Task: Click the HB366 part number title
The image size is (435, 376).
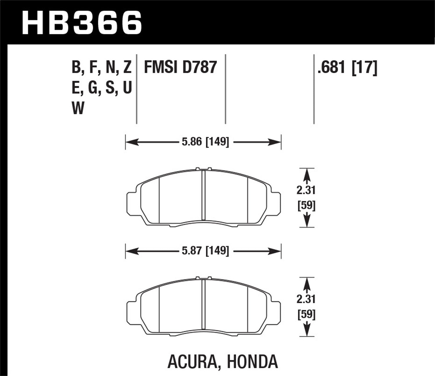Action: point(82,22)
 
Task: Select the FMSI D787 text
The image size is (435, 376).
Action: point(180,67)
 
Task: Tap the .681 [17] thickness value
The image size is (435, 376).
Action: point(347,67)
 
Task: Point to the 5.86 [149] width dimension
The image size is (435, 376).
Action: point(205,142)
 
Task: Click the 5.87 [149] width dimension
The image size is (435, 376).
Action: point(205,250)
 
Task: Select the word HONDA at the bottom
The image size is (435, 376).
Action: point(252,361)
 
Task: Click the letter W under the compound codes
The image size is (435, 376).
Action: point(78,108)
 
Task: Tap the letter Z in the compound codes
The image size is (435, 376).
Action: point(127,67)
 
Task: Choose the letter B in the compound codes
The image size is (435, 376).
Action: point(76,67)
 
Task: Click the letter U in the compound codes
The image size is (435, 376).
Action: point(127,88)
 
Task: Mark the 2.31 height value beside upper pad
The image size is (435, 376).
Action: point(306,190)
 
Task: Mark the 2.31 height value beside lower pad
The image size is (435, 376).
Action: point(306,299)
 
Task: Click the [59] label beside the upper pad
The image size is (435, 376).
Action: point(307,206)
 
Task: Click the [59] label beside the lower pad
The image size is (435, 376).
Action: point(307,314)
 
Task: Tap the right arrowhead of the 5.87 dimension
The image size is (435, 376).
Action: point(277,250)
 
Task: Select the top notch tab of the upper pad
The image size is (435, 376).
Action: point(203,169)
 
